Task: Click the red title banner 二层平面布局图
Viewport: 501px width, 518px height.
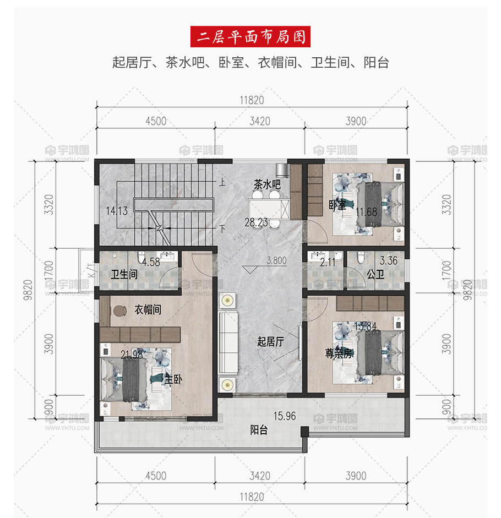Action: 250,37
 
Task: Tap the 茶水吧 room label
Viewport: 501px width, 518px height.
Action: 267,184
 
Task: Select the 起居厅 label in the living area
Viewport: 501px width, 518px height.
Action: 271,341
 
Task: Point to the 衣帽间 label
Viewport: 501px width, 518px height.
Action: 148,309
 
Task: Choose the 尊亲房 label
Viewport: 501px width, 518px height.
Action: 339,353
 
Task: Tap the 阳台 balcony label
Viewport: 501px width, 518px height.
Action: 259,430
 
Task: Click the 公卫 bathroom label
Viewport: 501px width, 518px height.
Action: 375,274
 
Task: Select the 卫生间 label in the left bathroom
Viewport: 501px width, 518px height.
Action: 124,274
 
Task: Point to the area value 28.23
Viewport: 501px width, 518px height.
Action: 256,222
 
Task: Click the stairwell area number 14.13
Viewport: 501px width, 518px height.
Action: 117,211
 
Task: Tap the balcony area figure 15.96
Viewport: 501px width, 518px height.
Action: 285,416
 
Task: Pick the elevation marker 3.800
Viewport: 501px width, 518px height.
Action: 276,261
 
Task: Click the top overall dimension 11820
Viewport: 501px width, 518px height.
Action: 252,100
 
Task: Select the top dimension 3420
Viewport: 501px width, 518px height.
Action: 260,121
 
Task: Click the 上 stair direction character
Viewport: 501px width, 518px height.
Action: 222,182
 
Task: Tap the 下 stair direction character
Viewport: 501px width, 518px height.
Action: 222,228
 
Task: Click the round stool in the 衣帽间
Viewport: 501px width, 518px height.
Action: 119,310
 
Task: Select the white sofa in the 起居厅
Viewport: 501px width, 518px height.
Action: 228,342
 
